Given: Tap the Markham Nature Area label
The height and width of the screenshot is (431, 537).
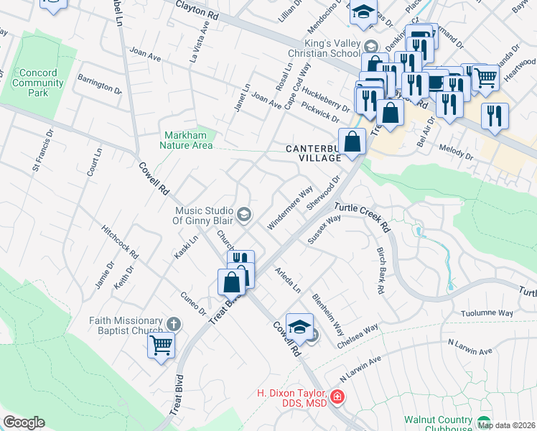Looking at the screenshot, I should tap(189, 140).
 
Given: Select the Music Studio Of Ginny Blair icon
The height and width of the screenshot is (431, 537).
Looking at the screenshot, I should tap(244, 213).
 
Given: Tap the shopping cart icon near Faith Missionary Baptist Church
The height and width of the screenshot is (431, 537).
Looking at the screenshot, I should tap(161, 345).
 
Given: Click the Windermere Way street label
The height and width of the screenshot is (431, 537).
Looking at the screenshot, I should tap(290, 209).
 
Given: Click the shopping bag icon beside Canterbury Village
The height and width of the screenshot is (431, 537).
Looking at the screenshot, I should tap(352, 141).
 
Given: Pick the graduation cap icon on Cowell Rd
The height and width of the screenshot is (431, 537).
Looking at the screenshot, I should tap(299, 327).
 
